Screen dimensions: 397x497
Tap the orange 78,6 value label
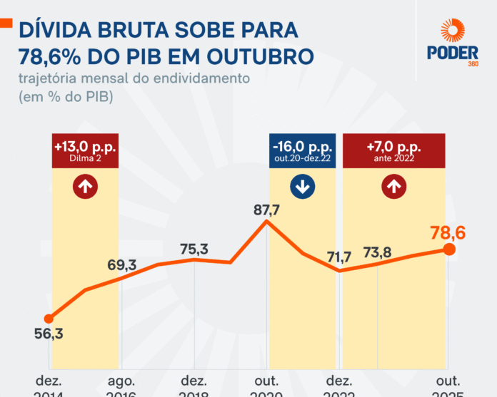[449, 232]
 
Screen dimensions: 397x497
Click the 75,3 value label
[194, 249]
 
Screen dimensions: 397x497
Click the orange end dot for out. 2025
[449, 249]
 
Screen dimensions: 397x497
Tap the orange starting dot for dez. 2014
[49, 319]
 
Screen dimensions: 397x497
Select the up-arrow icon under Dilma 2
[85, 188]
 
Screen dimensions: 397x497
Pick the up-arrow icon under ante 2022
[393, 188]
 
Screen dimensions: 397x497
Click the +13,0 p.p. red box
[85, 150]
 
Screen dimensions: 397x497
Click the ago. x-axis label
[121, 381]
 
